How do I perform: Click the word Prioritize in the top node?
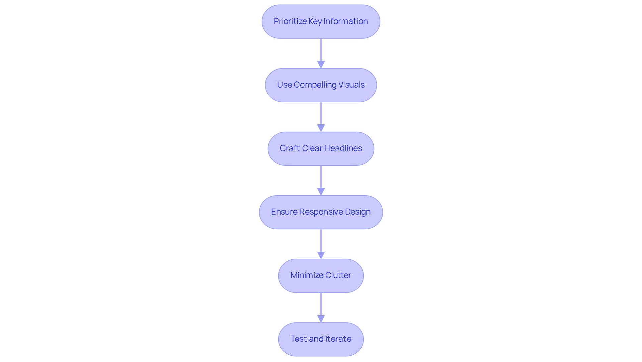tap(290, 21)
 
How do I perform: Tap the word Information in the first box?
tap(346, 21)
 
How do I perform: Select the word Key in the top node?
tap(315, 21)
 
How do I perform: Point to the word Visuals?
tap(351, 85)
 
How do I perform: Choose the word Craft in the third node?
tap(290, 148)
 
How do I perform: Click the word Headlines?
tap(343, 148)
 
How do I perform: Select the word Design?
tap(358, 212)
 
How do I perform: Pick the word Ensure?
tap(284, 212)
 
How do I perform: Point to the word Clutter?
tap(338, 275)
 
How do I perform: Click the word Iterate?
tap(337, 339)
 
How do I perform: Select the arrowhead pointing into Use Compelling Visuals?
tap(321, 65)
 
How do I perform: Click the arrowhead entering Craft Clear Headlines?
tap(321, 128)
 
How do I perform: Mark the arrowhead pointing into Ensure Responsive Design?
tap(321, 192)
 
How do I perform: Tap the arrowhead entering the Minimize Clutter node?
tap(321, 255)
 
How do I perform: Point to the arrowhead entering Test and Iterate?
tap(321, 319)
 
